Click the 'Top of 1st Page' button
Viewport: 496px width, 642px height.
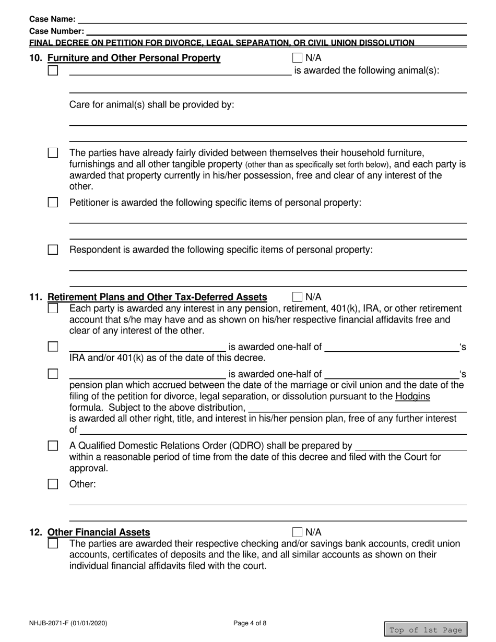(x=426, y=629)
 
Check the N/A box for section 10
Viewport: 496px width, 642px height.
(x=298, y=57)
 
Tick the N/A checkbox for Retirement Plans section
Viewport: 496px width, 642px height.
(x=298, y=297)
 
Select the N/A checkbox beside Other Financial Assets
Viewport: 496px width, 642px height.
(x=298, y=532)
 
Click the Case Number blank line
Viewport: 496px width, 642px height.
(x=277, y=31)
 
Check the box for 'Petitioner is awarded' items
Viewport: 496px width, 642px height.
(x=53, y=203)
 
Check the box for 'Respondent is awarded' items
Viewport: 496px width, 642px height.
(x=53, y=249)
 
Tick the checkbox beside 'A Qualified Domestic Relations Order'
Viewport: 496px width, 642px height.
(x=53, y=446)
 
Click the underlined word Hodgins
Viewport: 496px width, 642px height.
(x=412, y=396)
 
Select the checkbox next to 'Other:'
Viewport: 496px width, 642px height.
(x=53, y=484)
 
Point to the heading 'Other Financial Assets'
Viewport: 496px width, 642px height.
(x=99, y=532)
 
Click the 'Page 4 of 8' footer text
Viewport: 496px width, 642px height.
(x=250, y=622)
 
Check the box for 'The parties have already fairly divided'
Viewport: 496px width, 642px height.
(x=53, y=153)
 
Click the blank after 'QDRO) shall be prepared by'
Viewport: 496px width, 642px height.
(x=410, y=446)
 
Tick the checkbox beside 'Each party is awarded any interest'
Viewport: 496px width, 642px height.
(x=53, y=308)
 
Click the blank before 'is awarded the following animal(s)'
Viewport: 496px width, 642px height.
(x=180, y=72)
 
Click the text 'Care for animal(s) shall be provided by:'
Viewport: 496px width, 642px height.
(x=152, y=104)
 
